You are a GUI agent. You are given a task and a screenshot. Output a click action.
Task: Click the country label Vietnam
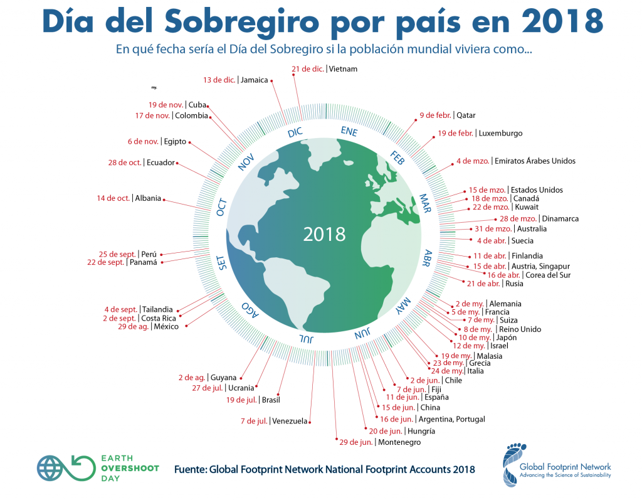click(343, 69)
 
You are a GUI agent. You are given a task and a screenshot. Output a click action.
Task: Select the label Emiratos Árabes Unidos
click(535, 161)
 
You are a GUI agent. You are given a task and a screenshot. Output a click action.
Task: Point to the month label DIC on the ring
click(295, 132)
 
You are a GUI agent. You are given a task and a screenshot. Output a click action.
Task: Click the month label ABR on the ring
click(428, 258)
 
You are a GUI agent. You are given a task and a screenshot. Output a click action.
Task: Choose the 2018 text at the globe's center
click(324, 234)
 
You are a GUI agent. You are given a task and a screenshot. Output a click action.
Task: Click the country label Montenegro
click(399, 442)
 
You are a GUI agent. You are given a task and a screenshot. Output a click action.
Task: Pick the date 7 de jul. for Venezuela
click(255, 421)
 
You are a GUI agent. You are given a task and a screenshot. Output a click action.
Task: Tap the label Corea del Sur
click(547, 275)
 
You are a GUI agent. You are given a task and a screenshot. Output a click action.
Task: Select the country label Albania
click(148, 198)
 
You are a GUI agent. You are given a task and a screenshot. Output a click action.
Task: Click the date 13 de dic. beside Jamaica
click(219, 80)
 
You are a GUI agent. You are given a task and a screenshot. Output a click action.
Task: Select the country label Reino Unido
click(520, 329)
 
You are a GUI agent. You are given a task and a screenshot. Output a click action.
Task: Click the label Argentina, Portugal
click(451, 419)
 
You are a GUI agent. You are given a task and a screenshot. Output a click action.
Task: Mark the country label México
click(166, 327)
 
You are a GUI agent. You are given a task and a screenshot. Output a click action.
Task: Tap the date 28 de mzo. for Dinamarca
click(518, 219)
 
